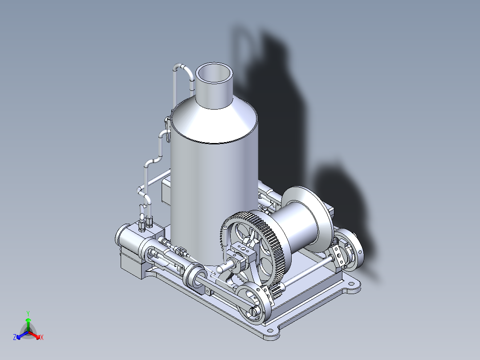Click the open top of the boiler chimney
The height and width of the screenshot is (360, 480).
click(214, 74)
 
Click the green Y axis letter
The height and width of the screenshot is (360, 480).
click(28, 313)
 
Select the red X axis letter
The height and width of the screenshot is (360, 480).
click(42, 338)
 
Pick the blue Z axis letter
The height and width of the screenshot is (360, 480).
click(15, 338)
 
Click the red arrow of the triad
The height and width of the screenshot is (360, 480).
click(36, 335)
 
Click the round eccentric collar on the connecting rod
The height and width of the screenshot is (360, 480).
click(195, 276)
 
